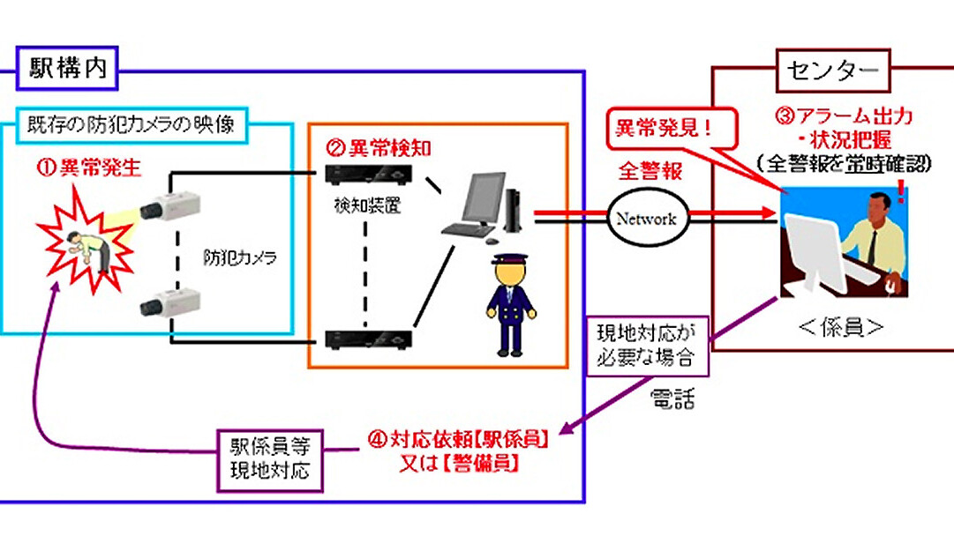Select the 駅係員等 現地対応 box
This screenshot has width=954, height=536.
pos(265,458)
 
